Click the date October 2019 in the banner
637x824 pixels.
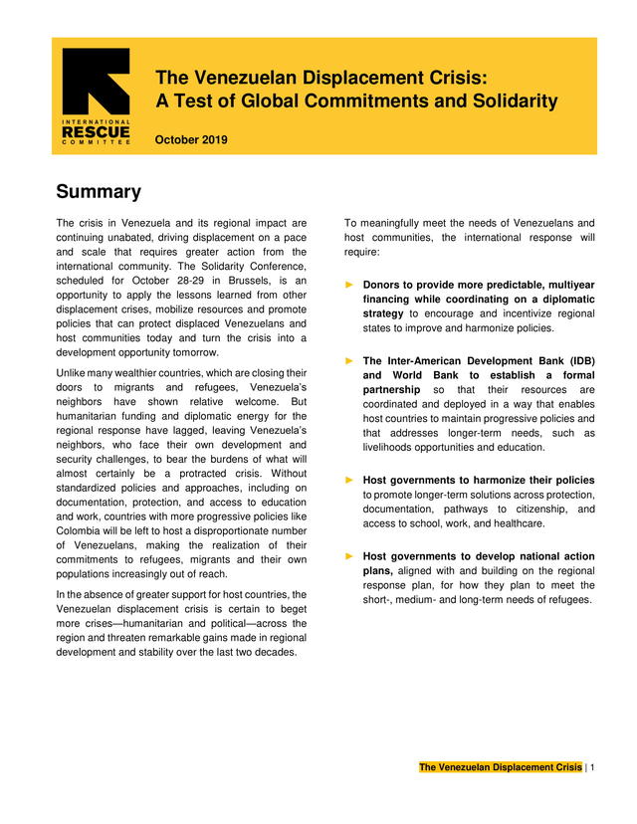point(191,140)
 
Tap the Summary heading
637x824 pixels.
point(99,192)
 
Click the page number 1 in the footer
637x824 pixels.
point(592,767)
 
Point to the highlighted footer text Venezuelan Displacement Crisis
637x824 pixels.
point(500,767)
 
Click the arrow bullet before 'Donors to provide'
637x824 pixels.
point(349,285)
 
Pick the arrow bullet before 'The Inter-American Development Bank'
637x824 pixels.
point(349,360)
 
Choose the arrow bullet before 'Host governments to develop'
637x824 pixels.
point(349,556)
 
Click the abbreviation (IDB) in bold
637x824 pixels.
point(575,360)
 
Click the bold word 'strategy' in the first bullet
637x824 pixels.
point(383,313)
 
